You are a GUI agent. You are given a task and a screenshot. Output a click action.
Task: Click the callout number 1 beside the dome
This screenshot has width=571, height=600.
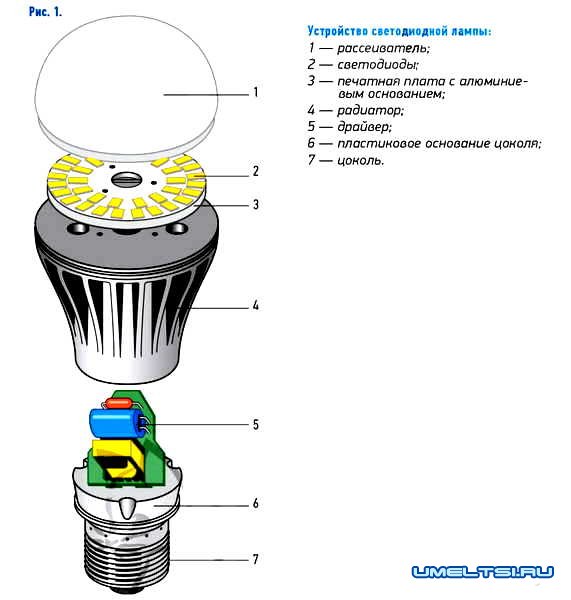[256, 92]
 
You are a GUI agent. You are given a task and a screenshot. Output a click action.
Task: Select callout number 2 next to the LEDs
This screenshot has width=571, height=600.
[256, 171]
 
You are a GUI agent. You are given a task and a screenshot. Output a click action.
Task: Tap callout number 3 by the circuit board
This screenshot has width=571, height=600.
[256, 205]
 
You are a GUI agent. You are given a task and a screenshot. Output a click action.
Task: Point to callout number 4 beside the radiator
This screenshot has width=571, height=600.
[256, 305]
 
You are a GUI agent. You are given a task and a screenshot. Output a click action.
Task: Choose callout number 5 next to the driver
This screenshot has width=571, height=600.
[256, 424]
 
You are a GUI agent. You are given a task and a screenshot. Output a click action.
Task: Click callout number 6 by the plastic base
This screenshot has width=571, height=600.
[256, 503]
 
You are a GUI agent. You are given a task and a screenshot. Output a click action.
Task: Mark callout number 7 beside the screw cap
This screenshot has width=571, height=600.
[256, 559]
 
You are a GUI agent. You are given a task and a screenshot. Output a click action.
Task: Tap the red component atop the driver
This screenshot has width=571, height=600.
[119, 403]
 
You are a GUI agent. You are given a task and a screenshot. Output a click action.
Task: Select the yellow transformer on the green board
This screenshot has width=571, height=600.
[119, 458]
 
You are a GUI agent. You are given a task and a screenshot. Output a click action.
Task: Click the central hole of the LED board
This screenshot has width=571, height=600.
[126, 178]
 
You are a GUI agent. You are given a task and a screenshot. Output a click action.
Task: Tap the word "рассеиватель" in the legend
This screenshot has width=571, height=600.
[383, 49]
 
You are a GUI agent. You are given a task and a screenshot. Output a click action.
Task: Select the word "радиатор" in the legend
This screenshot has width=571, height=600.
[370, 111]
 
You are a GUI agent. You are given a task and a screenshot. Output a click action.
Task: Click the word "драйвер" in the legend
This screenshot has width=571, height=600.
[364, 127]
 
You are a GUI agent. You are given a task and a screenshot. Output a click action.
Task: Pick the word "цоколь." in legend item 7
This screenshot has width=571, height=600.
[360, 160]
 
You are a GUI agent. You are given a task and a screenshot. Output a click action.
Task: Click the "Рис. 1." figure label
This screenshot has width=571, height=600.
[45, 11]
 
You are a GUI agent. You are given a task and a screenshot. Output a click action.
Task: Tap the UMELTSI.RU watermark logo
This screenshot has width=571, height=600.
[483, 572]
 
